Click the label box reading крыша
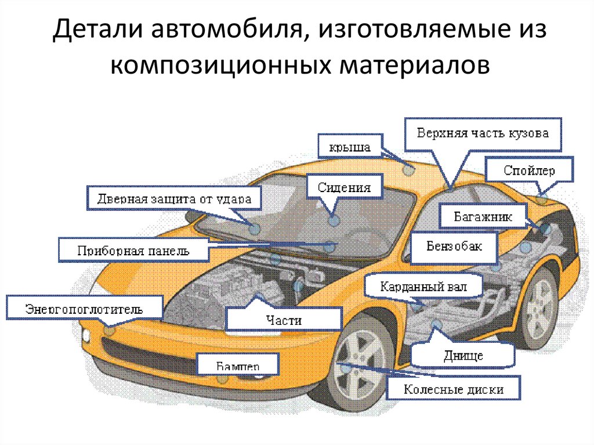(350, 146)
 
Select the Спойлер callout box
(530, 171)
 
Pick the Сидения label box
(344, 188)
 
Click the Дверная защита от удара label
(173, 200)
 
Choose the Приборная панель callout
(133, 251)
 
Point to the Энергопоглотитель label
(84, 308)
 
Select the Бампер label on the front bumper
(238, 366)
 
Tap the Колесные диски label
(454, 389)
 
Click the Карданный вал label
(423, 287)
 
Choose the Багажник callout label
(483, 218)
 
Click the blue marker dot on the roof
(409, 170)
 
